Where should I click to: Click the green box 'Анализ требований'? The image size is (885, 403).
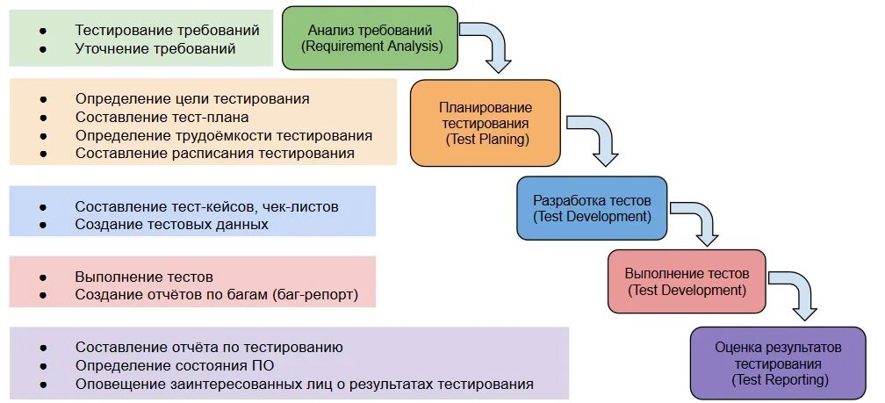coord(370,38)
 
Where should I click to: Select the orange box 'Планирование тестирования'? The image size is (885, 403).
coord(485,123)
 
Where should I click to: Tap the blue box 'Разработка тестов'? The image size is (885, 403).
coord(592,208)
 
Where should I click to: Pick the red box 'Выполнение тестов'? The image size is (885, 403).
coord(687,281)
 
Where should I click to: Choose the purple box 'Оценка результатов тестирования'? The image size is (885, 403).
coord(778,363)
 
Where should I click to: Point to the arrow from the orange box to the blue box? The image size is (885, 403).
coord(594,136)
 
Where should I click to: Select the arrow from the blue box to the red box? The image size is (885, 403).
coord(699,221)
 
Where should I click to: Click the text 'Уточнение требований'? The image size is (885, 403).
coord(155,49)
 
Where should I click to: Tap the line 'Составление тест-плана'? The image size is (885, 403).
coord(162,117)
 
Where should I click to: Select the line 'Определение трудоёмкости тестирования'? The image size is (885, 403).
coord(224,135)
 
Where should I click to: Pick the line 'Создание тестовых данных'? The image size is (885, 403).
coord(171,224)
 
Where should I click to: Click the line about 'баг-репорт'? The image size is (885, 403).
coord(217,294)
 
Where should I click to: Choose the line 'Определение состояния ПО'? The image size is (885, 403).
coord(172,365)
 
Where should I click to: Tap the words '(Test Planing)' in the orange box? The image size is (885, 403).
coord(486,139)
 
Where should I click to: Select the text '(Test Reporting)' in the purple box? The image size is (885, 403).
coord(779,379)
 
